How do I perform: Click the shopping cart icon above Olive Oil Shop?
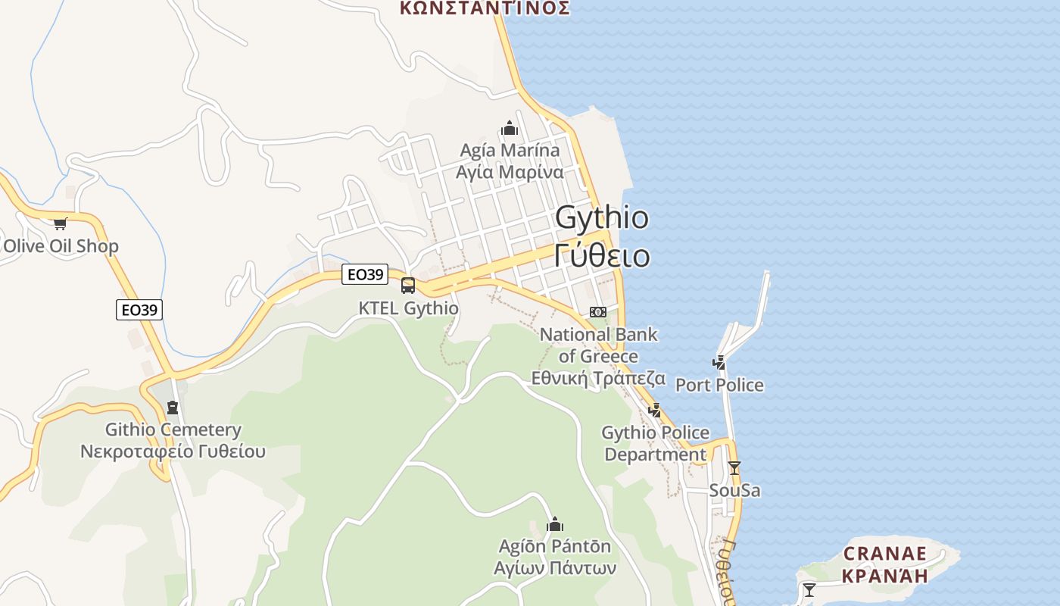(x=61, y=223)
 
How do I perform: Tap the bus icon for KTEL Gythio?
(x=408, y=286)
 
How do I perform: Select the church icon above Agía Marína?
(x=510, y=128)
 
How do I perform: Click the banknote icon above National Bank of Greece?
(x=598, y=312)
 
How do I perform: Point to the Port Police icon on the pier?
(x=719, y=363)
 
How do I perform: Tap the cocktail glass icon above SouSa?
(x=734, y=468)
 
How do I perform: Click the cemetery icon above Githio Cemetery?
(x=173, y=408)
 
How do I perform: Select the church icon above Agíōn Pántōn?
(x=555, y=524)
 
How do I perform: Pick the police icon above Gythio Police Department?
(x=655, y=411)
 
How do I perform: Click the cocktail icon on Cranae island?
(x=809, y=589)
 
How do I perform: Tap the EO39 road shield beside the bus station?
(x=365, y=274)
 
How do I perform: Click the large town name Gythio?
(x=602, y=218)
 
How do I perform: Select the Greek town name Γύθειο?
(x=602, y=256)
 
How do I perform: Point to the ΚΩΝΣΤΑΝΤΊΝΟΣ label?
(x=485, y=8)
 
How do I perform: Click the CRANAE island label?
(x=884, y=554)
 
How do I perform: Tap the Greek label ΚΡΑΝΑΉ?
(x=884, y=576)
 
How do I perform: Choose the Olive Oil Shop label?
(x=61, y=246)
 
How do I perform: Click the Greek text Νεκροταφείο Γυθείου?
(x=173, y=452)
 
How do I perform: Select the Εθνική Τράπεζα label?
(x=598, y=378)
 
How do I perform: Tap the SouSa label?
(x=734, y=491)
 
